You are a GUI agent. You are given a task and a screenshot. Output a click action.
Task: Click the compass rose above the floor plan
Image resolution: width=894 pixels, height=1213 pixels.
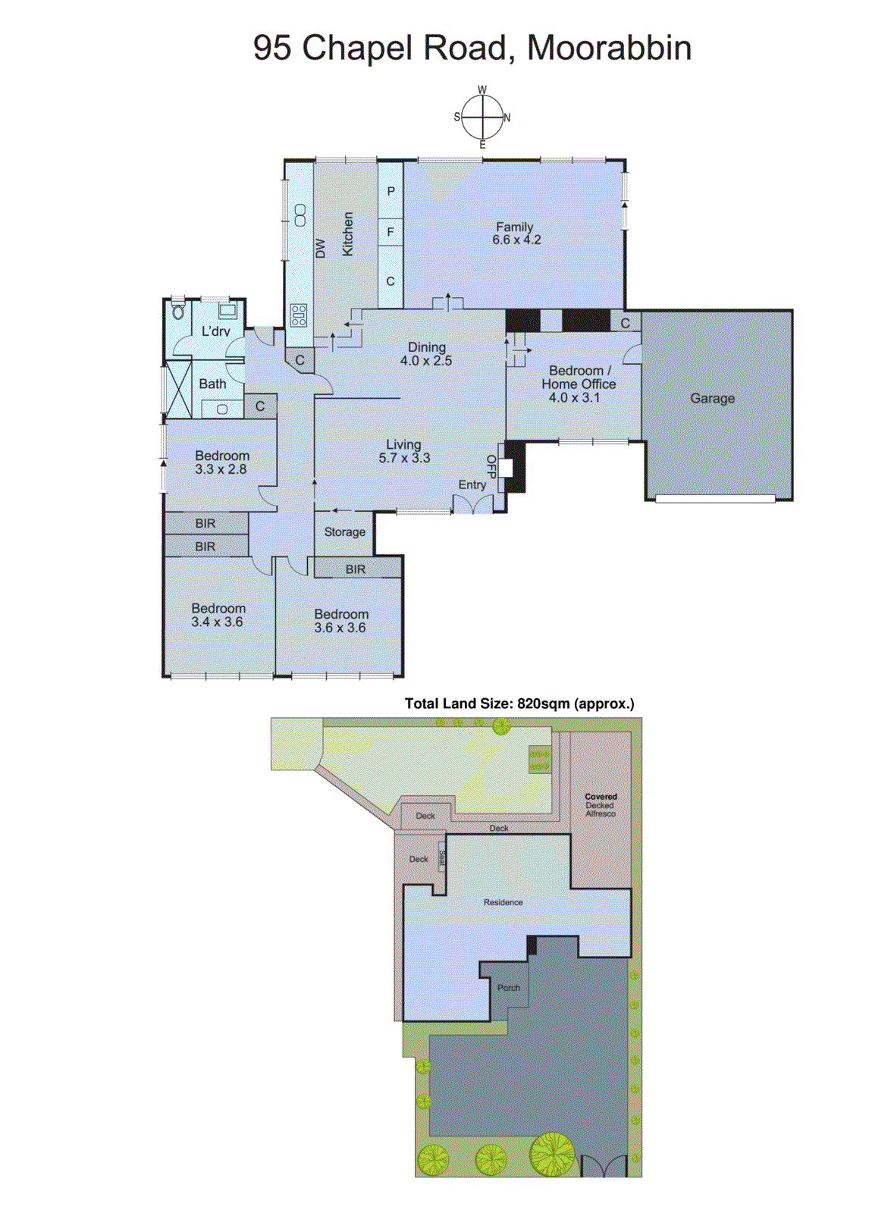[x=482, y=118]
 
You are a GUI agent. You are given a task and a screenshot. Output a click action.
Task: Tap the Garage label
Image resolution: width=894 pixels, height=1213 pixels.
[x=712, y=398]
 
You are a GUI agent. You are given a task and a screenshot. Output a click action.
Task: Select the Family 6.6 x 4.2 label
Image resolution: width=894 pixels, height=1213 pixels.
[x=516, y=233]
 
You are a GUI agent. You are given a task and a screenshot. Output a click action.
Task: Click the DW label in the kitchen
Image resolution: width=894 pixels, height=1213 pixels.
[x=320, y=248]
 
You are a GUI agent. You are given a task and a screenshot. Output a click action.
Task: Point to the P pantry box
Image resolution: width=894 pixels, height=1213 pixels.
[x=391, y=191]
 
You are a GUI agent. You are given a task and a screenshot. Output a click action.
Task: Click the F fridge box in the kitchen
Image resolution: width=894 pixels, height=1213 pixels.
[x=391, y=232]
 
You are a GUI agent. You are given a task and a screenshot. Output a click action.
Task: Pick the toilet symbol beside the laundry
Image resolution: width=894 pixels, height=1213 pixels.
[x=179, y=311]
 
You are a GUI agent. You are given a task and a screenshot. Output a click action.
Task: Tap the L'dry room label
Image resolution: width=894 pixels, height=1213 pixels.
[x=215, y=331]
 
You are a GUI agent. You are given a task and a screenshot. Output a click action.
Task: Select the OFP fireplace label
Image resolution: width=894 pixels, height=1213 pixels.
[x=491, y=466]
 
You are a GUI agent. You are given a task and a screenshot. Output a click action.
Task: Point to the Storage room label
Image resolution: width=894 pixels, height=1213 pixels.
[x=344, y=532]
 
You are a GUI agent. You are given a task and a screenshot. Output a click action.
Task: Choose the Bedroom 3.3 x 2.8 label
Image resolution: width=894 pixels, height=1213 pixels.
[x=221, y=462]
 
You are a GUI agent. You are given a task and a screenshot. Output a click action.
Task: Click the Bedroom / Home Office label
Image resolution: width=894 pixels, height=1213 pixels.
[x=579, y=384]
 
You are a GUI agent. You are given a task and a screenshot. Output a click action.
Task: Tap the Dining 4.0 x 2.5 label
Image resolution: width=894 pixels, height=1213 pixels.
[x=426, y=354]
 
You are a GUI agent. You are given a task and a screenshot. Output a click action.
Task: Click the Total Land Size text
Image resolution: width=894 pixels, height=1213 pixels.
[x=519, y=704]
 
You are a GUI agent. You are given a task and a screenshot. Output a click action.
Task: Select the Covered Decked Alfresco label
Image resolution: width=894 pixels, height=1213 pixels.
[x=601, y=805]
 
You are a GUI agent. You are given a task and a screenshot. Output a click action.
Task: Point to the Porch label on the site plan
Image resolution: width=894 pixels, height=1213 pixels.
[x=508, y=988]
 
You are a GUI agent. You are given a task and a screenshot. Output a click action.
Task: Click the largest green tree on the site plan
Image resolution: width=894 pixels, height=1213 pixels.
[x=552, y=1154]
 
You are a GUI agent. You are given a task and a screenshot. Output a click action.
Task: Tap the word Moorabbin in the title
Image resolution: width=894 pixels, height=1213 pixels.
[x=609, y=48]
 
